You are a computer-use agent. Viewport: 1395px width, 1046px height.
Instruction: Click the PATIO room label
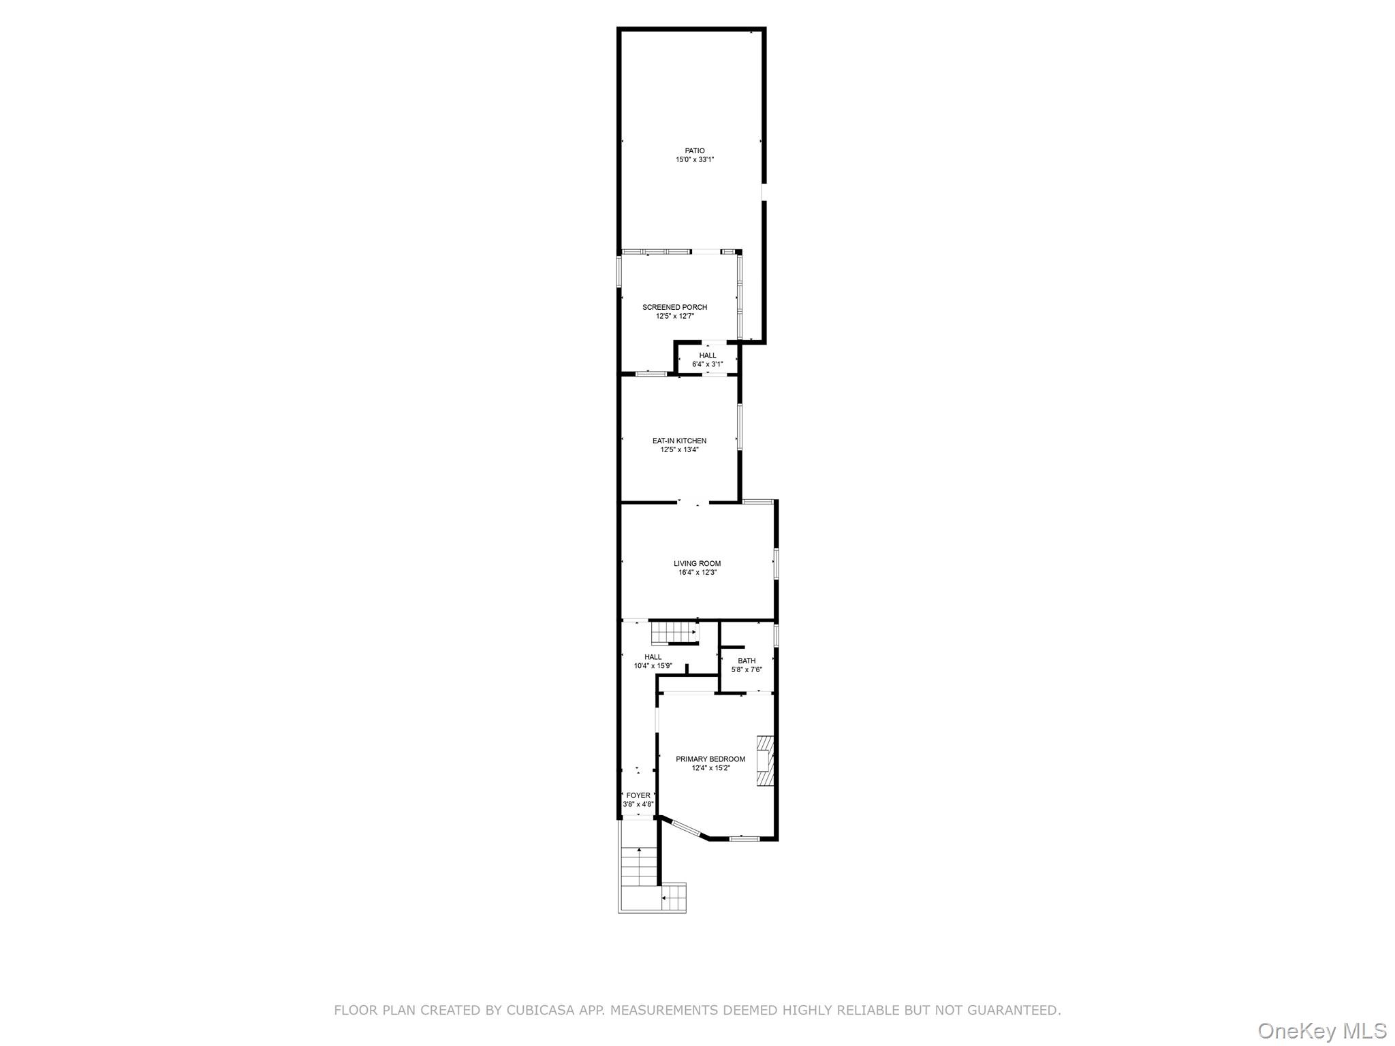coord(695,150)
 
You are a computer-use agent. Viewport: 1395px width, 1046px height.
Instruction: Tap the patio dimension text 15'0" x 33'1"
coord(695,160)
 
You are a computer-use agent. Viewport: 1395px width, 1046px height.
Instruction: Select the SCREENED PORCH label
coord(674,307)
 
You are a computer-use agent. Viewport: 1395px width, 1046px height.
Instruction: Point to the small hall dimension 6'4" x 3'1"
coord(708,364)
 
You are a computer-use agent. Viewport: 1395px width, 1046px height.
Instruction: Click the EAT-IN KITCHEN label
coord(679,441)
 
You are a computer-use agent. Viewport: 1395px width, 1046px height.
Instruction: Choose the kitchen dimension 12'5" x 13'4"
coord(679,450)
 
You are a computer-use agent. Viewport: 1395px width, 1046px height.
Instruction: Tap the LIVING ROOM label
coord(697,563)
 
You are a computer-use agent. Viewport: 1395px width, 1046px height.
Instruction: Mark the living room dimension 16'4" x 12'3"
coord(697,573)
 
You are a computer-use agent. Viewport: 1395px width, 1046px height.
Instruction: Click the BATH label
coord(747,661)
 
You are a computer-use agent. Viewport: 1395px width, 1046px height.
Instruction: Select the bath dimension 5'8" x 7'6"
coord(747,670)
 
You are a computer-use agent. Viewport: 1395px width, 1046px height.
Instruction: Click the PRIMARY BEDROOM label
coord(710,759)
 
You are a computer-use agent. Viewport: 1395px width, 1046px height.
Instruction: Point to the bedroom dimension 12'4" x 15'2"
coord(710,768)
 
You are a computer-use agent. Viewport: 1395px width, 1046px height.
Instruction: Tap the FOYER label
coord(638,795)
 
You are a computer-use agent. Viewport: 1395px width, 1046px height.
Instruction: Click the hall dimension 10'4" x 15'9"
coord(653,666)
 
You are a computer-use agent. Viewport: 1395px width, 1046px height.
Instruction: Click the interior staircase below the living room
coord(674,633)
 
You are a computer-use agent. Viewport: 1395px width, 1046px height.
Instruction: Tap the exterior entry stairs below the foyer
coord(639,868)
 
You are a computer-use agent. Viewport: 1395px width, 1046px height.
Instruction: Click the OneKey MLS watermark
coord(1322,1030)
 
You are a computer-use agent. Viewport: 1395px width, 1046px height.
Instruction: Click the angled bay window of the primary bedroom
coord(686,829)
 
